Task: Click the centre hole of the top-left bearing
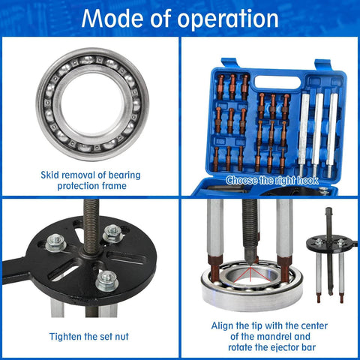92,103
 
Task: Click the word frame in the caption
123,186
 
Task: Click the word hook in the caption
307,181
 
